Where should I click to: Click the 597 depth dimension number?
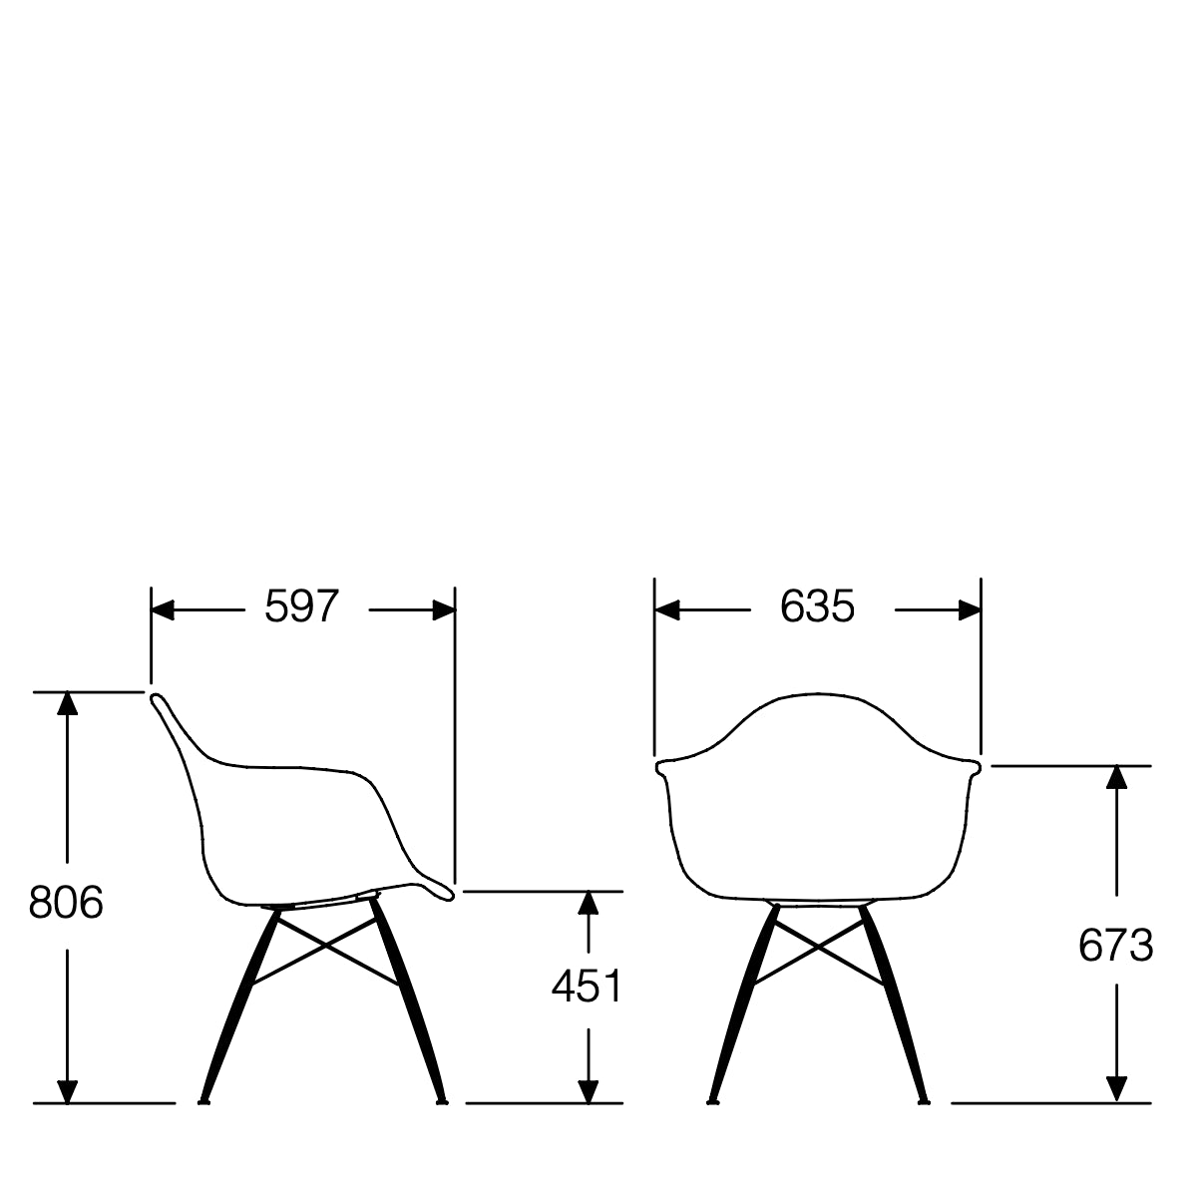tap(302, 606)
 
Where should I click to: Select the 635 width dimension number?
tap(817, 606)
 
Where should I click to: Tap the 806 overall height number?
tap(66, 904)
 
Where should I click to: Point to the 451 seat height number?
tap(587, 987)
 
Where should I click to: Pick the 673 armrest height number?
tap(1115, 946)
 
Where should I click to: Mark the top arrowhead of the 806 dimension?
tap(67, 703)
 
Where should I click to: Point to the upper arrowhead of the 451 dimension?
tap(589, 904)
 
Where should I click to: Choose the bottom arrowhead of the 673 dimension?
tap(1116, 1089)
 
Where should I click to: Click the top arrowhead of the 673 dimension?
tap(1116, 779)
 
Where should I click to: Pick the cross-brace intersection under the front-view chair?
tap(819, 946)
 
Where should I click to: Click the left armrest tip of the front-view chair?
tap(660, 767)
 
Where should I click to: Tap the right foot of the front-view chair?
tap(925, 1101)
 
